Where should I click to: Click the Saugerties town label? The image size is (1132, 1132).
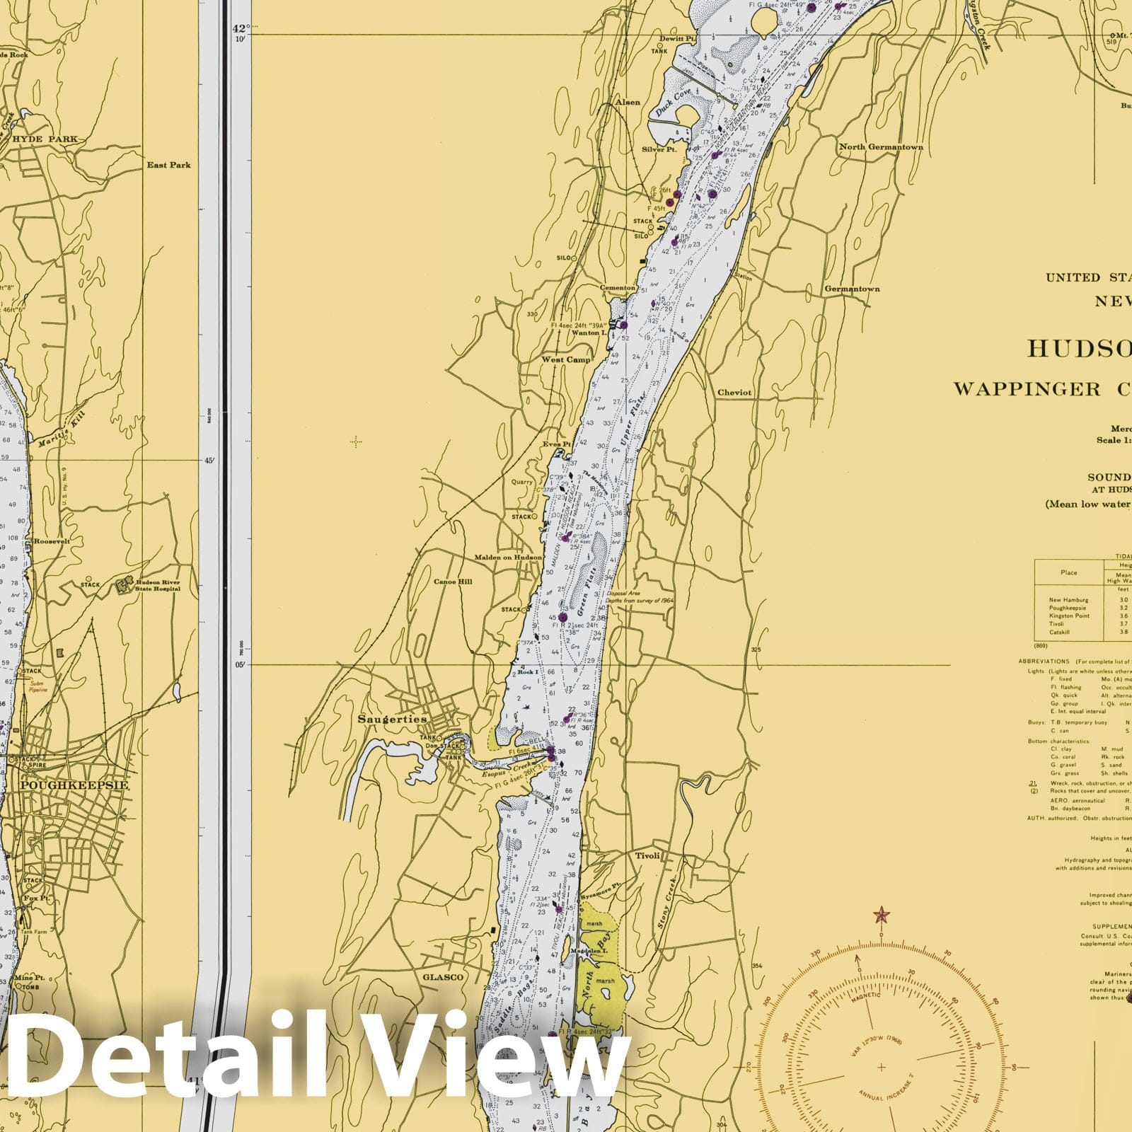pyautogui.click(x=392, y=719)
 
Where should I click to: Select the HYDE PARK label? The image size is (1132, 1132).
pyautogui.click(x=45, y=139)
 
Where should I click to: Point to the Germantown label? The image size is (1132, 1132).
pyautogui.click(x=852, y=289)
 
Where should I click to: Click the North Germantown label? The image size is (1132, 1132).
pyautogui.click(x=881, y=147)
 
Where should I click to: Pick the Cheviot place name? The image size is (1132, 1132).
pyautogui.click(x=734, y=393)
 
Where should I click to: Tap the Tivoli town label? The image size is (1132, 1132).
pyautogui.click(x=647, y=855)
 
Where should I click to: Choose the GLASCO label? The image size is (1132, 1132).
pyautogui.click(x=443, y=977)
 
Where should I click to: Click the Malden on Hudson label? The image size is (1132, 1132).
pyautogui.click(x=508, y=558)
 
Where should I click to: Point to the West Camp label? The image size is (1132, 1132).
pyautogui.click(x=566, y=359)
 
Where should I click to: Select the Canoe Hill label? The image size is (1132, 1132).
pyautogui.click(x=453, y=582)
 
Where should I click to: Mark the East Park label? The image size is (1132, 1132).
pyautogui.click(x=168, y=165)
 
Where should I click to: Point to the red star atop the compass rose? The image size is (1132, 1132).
pyautogui.click(x=881, y=916)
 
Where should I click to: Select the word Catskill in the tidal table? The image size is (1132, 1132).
pyautogui.click(x=1061, y=632)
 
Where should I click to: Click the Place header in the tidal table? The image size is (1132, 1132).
pyautogui.click(x=1068, y=572)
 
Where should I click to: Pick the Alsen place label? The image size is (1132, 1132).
pyautogui.click(x=628, y=102)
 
